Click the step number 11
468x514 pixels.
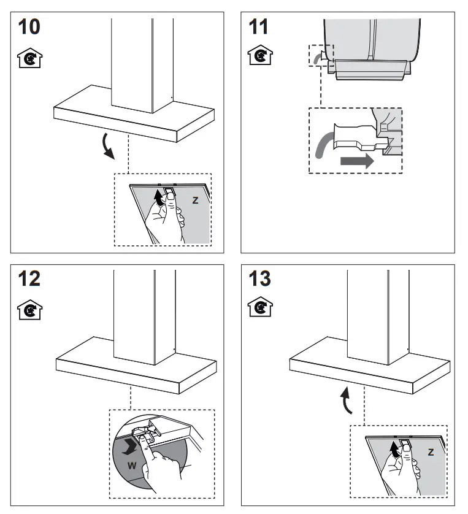pos(261,29)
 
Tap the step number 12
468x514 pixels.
pos(29,278)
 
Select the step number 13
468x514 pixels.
pos(261,278)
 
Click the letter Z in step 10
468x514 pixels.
pos(195,200)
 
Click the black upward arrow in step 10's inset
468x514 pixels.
pos(160,198)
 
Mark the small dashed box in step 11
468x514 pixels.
pos(321,56)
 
